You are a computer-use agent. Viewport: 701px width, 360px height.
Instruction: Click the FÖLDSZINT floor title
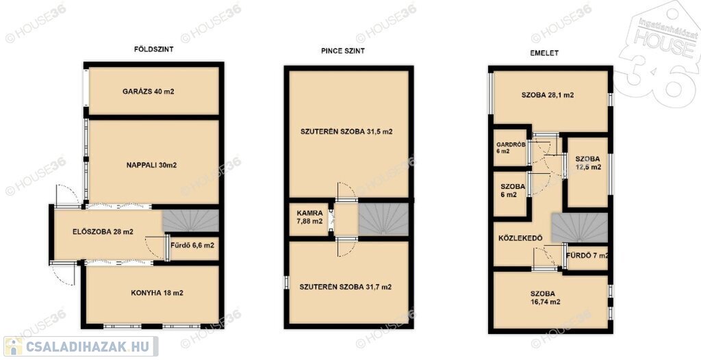pyautogui.click(x=153, y=50)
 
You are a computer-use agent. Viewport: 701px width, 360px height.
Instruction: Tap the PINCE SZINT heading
pyautogui.click(x=343, y=51)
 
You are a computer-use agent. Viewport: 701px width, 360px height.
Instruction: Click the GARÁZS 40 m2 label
pyautogui.click(x=148, y=92)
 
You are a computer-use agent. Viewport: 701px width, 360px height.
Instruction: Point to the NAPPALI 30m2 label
pyautogui.click(x=151, y=165)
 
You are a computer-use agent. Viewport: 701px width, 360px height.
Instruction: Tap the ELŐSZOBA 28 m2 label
pyautogui.click(x=103, y=231)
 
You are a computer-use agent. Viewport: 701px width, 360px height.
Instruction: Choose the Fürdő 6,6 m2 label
pyautogui.click(x=192, y=245)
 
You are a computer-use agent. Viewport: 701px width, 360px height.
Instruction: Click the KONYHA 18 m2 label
pyautogui.click(x=157, y=294)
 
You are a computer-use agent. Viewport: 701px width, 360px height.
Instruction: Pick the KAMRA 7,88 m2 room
pyautogui.click(x=309, y=218)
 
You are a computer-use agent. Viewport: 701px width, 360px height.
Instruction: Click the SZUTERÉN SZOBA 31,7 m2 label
pyautogui.click(x=345, y=287)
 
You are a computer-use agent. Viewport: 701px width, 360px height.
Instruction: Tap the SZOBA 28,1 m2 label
pyautogui.click(x=548, y=95)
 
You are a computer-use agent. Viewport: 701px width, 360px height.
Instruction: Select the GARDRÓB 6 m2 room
pyautogui.click(x=510, y=147)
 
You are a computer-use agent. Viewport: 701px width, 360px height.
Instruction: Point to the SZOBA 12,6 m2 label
pyautogui.click(x=587, y=163)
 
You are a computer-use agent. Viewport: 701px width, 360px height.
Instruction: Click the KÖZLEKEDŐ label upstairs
pyautogui.click(x=520, y=238)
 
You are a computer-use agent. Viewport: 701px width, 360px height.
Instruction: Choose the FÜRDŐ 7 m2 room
pyautogui.click(x=587, y=256)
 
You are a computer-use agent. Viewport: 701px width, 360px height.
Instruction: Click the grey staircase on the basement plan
pyautogui.click(x=383, y=219)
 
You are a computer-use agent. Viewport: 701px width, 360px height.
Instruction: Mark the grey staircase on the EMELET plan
pyautogui.click(x=580, y=228)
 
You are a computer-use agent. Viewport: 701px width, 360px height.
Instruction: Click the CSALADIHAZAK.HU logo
pyautogui.click(x=81, y=346)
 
